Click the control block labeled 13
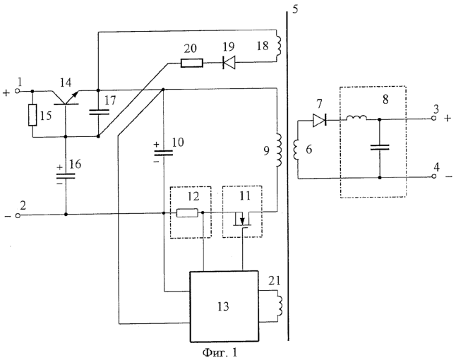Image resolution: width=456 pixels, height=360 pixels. pyautogui.click(x=224, y=306)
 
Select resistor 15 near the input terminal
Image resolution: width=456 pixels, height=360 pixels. pyautogui.click(x=32, y=115)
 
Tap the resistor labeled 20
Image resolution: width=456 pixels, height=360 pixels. pyautogui.click(x=192, y=63)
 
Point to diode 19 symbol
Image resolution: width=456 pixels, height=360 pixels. pyautogui.click(x=229, y=63)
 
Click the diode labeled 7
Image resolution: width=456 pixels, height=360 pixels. pyautogui.click(x=320, y=120)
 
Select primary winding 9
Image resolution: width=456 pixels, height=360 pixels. pyautogui.click(x=278, y=150)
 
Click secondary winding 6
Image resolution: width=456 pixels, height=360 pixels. pyautogui.click(x=297, y=150)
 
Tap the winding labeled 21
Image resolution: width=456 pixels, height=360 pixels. pyautogui.click(x=280, y=306)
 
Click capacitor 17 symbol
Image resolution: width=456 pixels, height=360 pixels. pyautogui.click(x=99, y=112)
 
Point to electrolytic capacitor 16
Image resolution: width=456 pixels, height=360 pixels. pyautogui.click(x=66, y=176)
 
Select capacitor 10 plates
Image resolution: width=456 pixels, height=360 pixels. pyautogui.click(x=163, y=153)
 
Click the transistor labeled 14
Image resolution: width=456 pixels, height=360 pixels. pyautogui.click(x=66, y=97)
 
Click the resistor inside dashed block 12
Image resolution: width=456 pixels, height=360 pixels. pyautogui.click(x=188, y=213)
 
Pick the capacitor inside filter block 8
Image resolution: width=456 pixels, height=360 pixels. pyautogui.click(x=380, y=148)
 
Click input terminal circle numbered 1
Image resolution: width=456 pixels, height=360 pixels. pyautogui.click(x=18, y=91)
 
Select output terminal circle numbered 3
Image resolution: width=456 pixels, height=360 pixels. pyautogui.click(x=433, y=119)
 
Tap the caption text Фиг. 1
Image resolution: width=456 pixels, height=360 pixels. pyautogui.click(x=220, y=353)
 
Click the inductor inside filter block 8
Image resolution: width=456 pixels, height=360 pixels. pyautogui.click(x=356, y=118)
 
